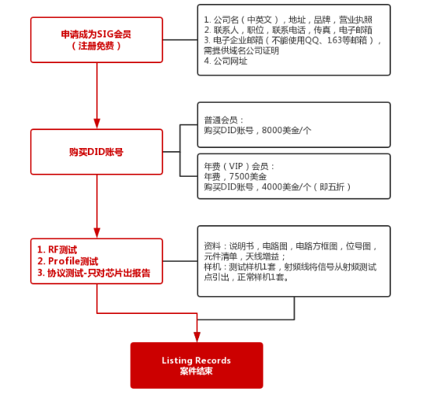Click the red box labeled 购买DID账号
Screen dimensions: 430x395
point(96,152)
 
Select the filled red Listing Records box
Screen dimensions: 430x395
point(197,365)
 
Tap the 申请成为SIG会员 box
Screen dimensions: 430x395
point(96,40)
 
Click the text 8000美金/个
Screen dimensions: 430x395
point(286,130)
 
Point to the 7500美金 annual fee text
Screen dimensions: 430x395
point(247,176)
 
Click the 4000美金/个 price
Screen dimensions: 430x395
point(286,187)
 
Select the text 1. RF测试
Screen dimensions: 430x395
point(57,249)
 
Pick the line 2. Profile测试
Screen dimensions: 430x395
point(68,261)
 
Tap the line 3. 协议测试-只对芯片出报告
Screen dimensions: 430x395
point(94,273)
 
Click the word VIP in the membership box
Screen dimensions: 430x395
point(236,166)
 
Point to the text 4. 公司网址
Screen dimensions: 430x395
point(225,61)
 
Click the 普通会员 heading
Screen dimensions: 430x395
point(221,120)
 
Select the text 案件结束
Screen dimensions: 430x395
point(197,371)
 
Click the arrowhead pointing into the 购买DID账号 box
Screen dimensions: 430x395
point(96,123)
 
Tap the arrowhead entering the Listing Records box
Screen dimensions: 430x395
point(197,337)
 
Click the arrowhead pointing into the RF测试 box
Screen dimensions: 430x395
point(96,233)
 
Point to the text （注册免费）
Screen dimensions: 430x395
point(96,46)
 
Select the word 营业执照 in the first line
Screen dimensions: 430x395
point(355,19)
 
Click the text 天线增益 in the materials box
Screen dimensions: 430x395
point(262,256)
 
